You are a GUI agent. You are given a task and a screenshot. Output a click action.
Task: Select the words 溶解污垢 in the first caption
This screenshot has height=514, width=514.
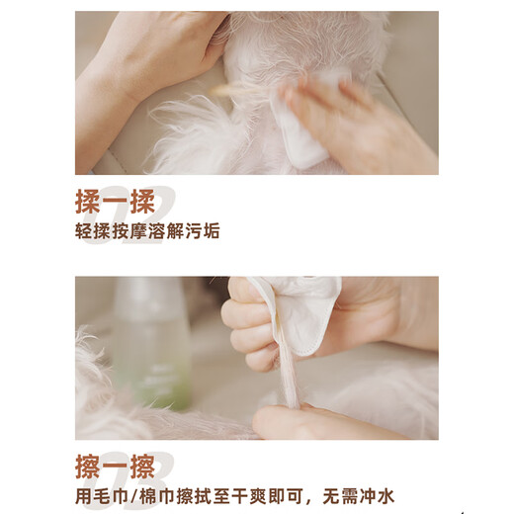pos(187,232)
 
